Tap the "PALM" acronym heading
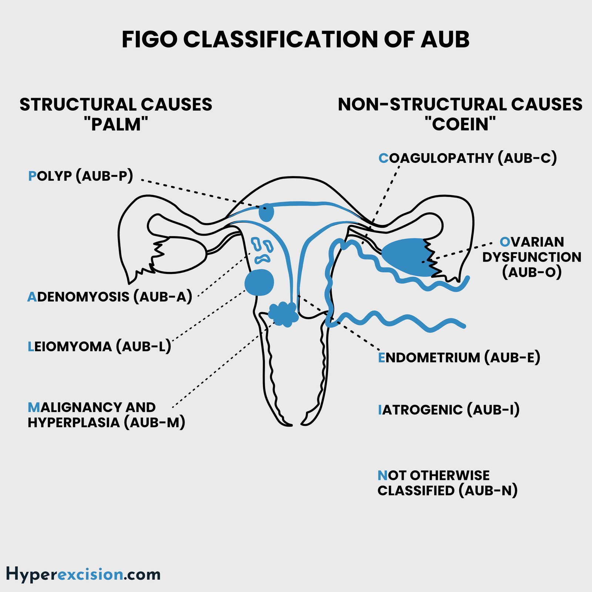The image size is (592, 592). [x=116, y=124]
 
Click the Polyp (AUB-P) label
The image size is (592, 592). [x=80, y=176]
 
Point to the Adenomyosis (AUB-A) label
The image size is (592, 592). [x=110, y=297]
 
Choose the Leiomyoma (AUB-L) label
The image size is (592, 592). [x=99, y=347]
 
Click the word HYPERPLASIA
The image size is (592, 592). [x=74, y=423]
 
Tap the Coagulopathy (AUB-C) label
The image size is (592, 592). [x=467, y=158]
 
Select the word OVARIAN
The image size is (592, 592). [x=532, y=242]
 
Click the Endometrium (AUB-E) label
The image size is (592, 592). [x=459, y=358]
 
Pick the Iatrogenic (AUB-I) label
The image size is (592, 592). [x=448, y=410]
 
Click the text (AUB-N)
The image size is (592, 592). [x=488, y=491]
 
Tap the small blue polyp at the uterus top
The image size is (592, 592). [x=266, y=212]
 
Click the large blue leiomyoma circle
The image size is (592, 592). [x=259, y=282]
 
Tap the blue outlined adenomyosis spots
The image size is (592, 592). [x=262, y=250]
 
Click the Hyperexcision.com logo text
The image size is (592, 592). [x=83, y=574]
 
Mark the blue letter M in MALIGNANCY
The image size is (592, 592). [x=34, y=407]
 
